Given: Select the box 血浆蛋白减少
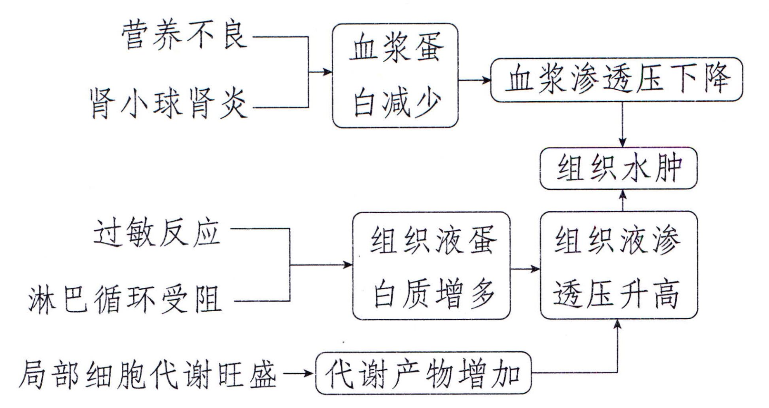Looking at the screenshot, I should point(395,75).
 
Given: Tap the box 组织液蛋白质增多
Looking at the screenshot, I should point(431,266).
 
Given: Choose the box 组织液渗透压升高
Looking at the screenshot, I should point(618,266).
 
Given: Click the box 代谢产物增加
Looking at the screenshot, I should point(423,374).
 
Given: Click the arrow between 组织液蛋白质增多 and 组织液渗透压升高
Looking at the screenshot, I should point(525,270).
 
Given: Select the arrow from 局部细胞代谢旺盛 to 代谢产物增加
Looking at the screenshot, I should point(298,374).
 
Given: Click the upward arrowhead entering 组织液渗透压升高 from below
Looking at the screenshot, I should point(617,325).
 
